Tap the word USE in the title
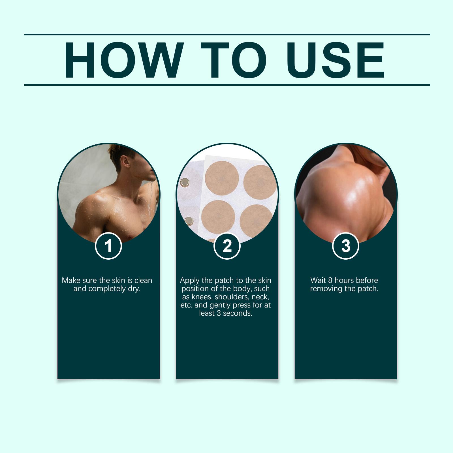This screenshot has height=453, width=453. (336, 60)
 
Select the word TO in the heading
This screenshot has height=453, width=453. (234, 60)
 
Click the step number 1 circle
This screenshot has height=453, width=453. (108, 246)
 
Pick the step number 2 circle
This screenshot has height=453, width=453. (227, 246)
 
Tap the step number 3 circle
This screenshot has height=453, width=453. (346, 246)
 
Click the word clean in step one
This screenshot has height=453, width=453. (143, 280)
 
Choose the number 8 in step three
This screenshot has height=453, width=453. (330, 280)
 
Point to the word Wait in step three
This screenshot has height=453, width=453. (318, 280)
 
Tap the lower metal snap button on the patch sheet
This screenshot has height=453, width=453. (187, 221)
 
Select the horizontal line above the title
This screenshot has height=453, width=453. (227, 35)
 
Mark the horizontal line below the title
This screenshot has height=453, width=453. (227, 85)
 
